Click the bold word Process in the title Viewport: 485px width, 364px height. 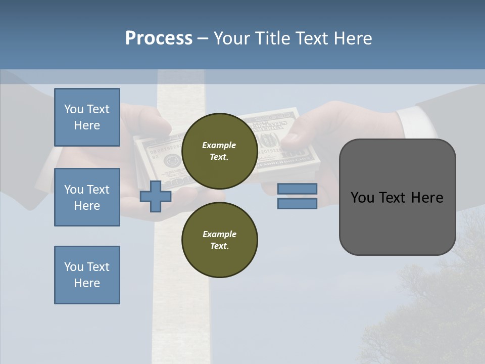(159, 38)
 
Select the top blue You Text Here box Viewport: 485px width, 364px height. (87, 117)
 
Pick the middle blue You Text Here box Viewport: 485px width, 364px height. (87, 197)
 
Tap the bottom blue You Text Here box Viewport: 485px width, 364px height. (87, 275)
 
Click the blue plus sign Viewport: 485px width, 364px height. (156, 196)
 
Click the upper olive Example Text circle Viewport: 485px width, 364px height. (220, 151)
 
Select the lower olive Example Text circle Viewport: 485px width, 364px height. (220, 240)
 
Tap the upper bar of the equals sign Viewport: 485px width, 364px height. (297, 189)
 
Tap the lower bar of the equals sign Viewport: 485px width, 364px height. (297, 203)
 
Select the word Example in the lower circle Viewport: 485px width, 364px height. (219, 234)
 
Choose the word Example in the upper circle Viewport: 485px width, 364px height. (219, 145)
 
